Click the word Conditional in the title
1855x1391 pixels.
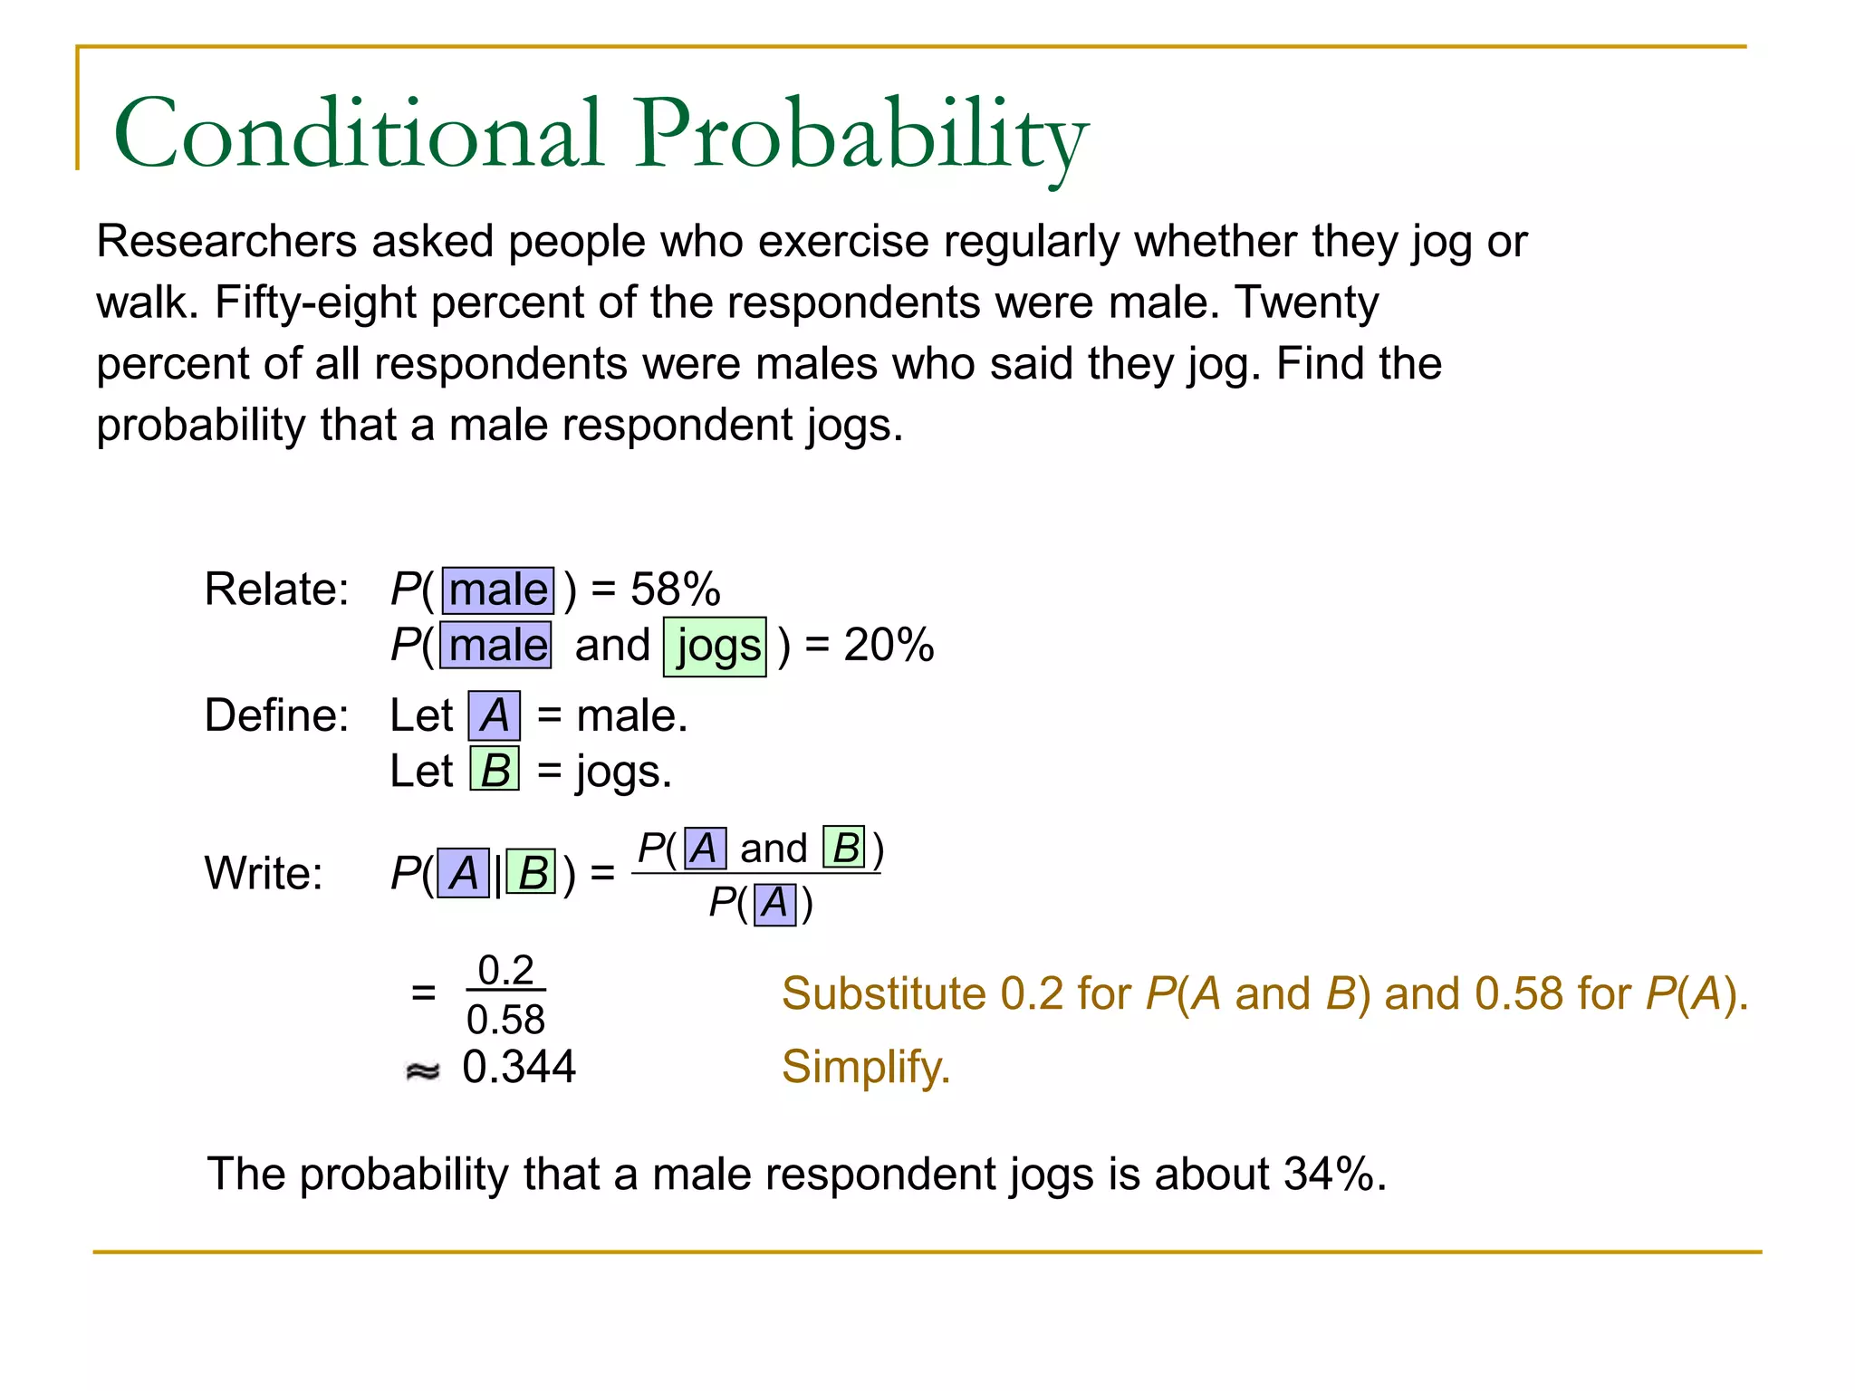point(358,134)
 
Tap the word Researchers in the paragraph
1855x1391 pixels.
point(226,243)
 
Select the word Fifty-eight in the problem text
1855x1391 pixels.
point(317,303)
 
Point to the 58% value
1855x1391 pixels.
point(676,590)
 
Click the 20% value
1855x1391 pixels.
point(889,646)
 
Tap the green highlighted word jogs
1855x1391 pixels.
point(716,647)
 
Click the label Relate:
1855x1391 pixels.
point(276,590)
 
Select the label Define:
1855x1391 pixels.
point(276,715)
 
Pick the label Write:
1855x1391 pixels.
point(264,874)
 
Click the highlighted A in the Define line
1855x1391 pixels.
point(495,716)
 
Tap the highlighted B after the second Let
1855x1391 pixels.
point(495,771)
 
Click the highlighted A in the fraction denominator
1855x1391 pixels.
point(775,904)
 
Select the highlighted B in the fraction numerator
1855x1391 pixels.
point(844,849)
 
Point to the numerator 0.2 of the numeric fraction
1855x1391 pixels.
point(505,971)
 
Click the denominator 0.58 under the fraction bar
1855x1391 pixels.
point(505,1021)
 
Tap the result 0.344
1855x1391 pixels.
point(519,1067)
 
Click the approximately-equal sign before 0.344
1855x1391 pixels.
point(422,1071)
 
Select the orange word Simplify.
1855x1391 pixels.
point(866,1067)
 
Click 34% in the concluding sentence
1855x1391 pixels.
point(1328,1175)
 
